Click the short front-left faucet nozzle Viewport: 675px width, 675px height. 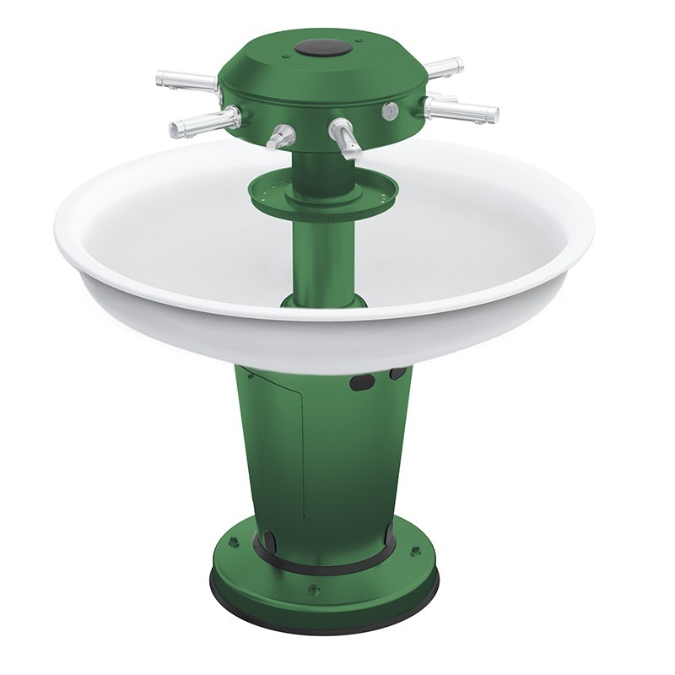[x=281, y=135]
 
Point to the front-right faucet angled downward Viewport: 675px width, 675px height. [x=345, y=137]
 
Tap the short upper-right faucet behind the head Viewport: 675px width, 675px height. [x=442, y=66]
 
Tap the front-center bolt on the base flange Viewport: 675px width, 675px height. [x=312, y=589]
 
